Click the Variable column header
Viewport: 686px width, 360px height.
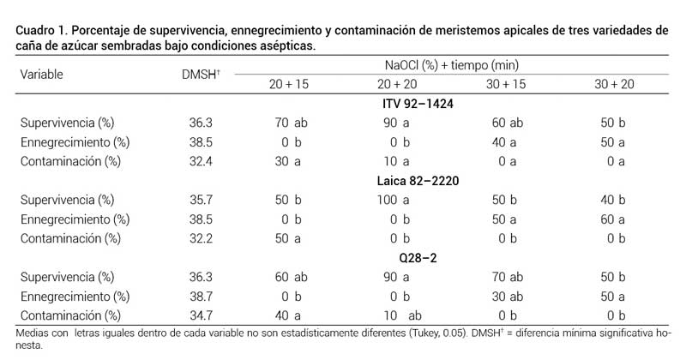click(41, 74)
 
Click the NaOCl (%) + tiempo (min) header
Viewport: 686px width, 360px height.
click(451, 64)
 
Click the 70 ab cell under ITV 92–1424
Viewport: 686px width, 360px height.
click(291, 123)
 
